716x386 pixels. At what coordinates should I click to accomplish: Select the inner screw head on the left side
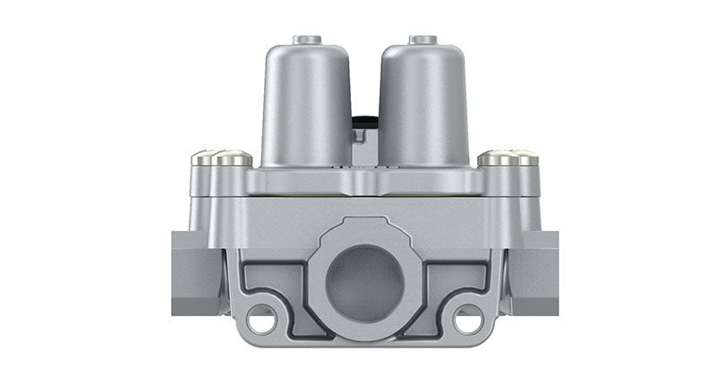[231, 159]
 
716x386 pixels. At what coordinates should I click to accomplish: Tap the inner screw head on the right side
[497, 159]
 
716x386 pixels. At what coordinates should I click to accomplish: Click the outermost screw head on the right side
[525, 159]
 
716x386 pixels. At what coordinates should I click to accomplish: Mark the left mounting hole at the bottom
[261, 317]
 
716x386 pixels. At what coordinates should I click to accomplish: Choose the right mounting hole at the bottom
[466, 317]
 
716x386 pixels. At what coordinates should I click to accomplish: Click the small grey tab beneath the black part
[361, 136]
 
